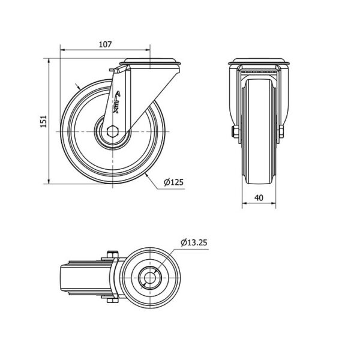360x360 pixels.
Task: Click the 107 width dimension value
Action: tap(105, 44)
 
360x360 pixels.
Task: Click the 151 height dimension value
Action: tap(43, 121)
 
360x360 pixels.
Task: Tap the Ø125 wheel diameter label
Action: tap(174, 182)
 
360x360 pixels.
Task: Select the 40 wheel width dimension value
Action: tap(259, 197)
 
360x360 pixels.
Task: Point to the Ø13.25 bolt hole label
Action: tap(194, 242)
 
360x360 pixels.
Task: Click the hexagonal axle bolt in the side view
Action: tap(113, 131)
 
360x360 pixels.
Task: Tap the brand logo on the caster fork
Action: tap(116, 102)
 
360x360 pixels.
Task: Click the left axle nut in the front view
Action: tap(236, 131)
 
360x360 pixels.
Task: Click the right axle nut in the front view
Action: tap(281, 131)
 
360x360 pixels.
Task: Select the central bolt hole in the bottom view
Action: tap(149, 278)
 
